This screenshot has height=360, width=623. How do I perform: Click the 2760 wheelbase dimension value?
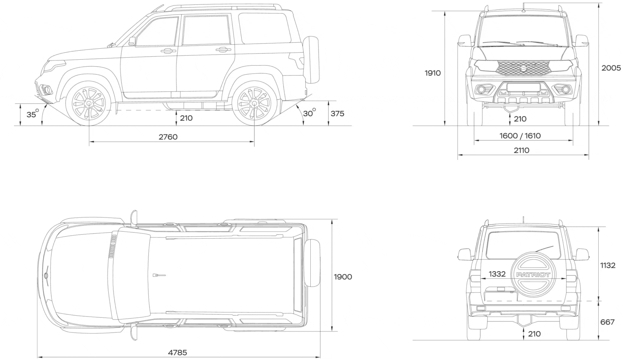click(x=168, y=137)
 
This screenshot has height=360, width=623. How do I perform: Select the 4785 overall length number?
click(x=177, y=353)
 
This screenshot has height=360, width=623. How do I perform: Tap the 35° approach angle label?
click(x=32, y=114)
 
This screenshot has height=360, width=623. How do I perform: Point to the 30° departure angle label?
click(x=309, y=113)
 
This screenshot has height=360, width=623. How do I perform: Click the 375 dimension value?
click(x=337, y=114)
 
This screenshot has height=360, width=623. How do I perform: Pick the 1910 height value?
click(x=433, y=73)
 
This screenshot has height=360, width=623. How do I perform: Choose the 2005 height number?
click(x=611, y=68)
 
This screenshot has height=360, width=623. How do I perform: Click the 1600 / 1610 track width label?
click(x=520, y=136)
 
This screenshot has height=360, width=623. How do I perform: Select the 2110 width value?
click(x=522, y=150)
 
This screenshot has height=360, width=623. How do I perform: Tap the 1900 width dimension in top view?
click(x=343, y=277)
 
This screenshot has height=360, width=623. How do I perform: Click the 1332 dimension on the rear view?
click(x=497, y=274)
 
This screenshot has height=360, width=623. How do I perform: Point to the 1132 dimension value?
click(x=608, y=265)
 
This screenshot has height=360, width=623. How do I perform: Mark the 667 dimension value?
click(x=608, y=322)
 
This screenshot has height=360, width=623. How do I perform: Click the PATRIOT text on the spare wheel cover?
click(x=533, y=275)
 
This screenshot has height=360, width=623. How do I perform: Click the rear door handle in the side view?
click(x=223, y=50)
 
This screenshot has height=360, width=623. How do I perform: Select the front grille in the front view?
click(x=522, y=68)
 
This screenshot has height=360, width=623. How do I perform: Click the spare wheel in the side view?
click(x=311, y=60)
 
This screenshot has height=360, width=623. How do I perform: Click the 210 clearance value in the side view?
click(x=186, y=118)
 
